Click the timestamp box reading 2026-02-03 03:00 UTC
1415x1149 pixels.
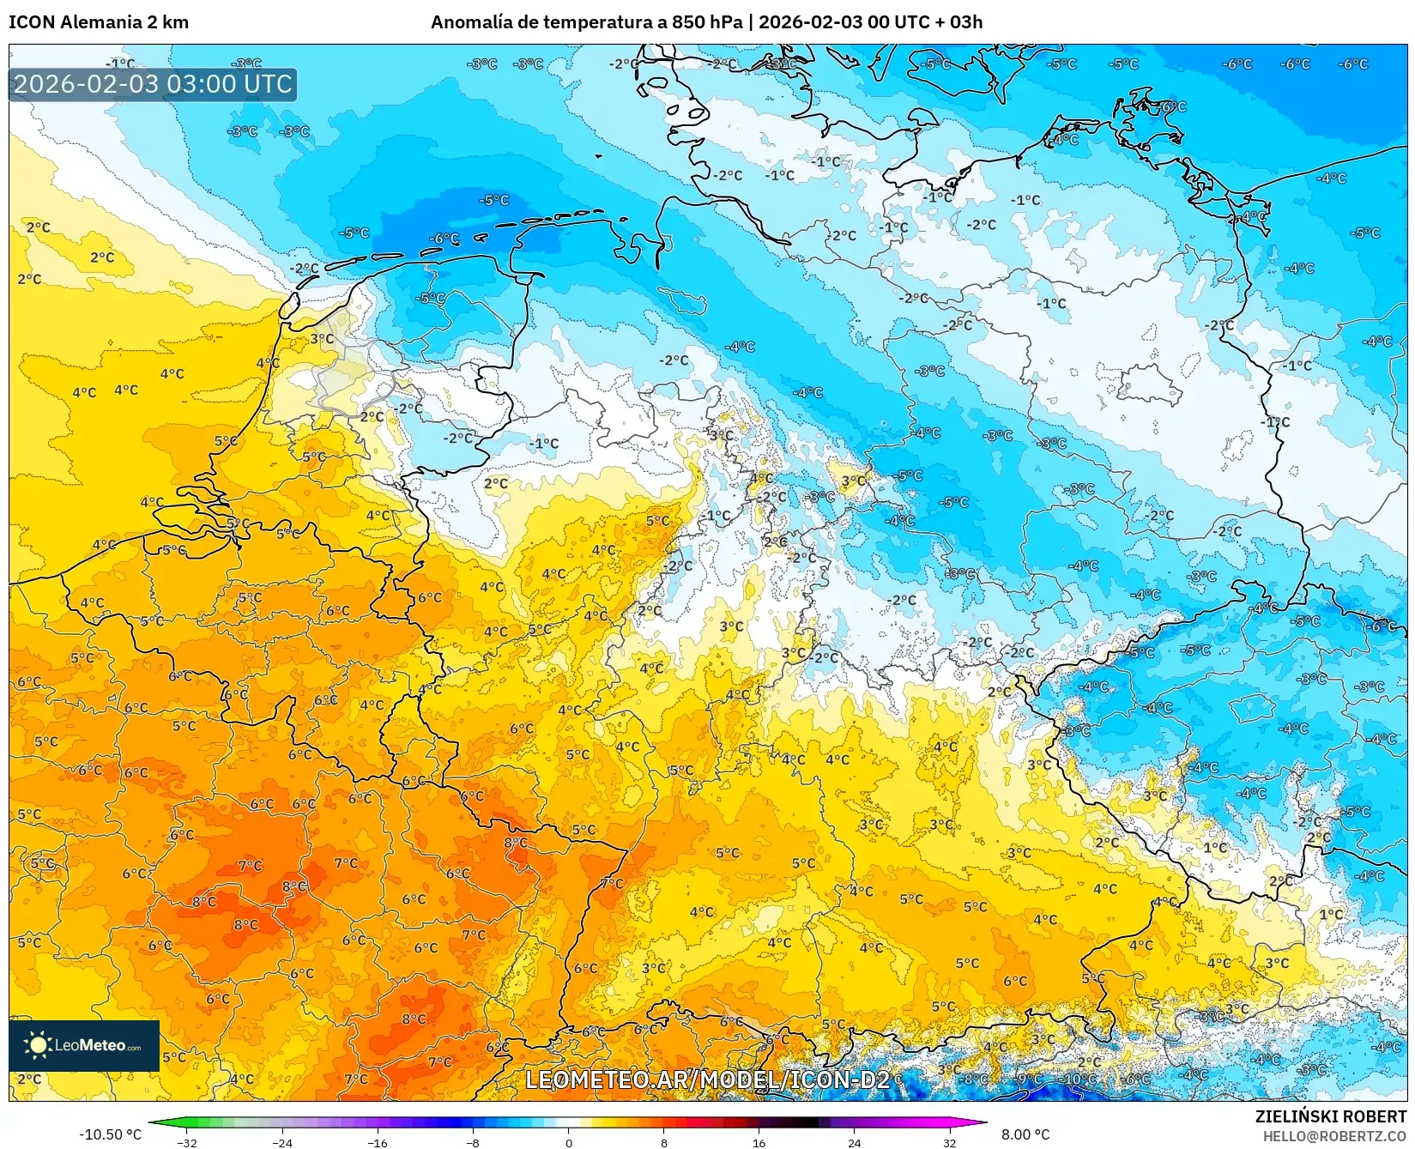153,84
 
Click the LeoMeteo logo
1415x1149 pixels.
84,1045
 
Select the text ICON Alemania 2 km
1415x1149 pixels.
98,22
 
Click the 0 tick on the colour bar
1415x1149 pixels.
568,1142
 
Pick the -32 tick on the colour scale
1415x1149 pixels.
186,1142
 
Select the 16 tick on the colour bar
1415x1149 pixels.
759,1142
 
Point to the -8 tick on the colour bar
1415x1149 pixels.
472,1142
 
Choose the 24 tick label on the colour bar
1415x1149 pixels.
854,1142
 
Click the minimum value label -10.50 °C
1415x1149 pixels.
111,1134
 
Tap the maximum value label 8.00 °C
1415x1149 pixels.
1025,1134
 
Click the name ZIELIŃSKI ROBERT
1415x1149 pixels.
1331,1116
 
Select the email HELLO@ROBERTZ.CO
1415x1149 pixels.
1334,1136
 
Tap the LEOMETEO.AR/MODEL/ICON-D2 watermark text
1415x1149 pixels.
707,1079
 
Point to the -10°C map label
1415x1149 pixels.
1078,1079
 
